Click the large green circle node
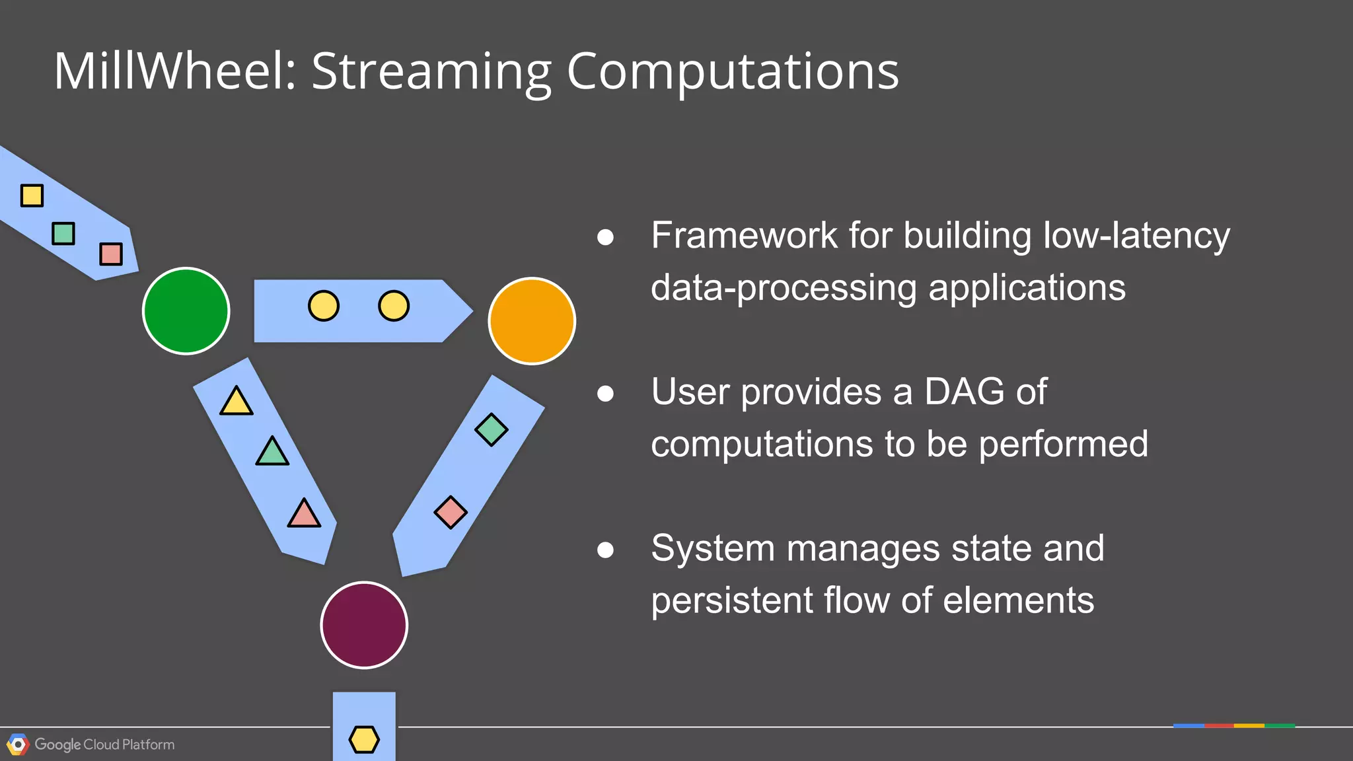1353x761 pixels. (186, 310)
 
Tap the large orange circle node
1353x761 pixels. (532, 321)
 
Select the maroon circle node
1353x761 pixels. (364, 625)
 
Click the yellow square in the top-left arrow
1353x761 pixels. (32, 196)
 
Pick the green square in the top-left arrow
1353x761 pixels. (63, 233)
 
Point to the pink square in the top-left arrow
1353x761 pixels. (111, 254)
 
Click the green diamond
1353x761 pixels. (492, 430)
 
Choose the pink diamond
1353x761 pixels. (451, 512)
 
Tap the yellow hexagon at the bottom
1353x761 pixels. (364, 739)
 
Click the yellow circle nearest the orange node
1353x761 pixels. (394, 306)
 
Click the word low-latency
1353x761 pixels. (1136, 235)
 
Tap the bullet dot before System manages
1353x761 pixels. (605, 550)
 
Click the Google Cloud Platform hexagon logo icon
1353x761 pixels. (18, 744)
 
